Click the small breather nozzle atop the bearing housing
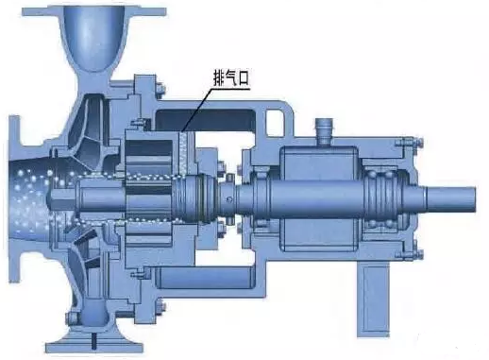click(x=324, y=130)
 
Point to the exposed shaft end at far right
click(x=450, y=199)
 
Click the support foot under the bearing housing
click(x=373, y=299)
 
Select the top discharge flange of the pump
click(x=93, y=11)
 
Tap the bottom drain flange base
click(x=94, y=347)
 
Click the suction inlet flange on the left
click(x=14, y=199)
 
